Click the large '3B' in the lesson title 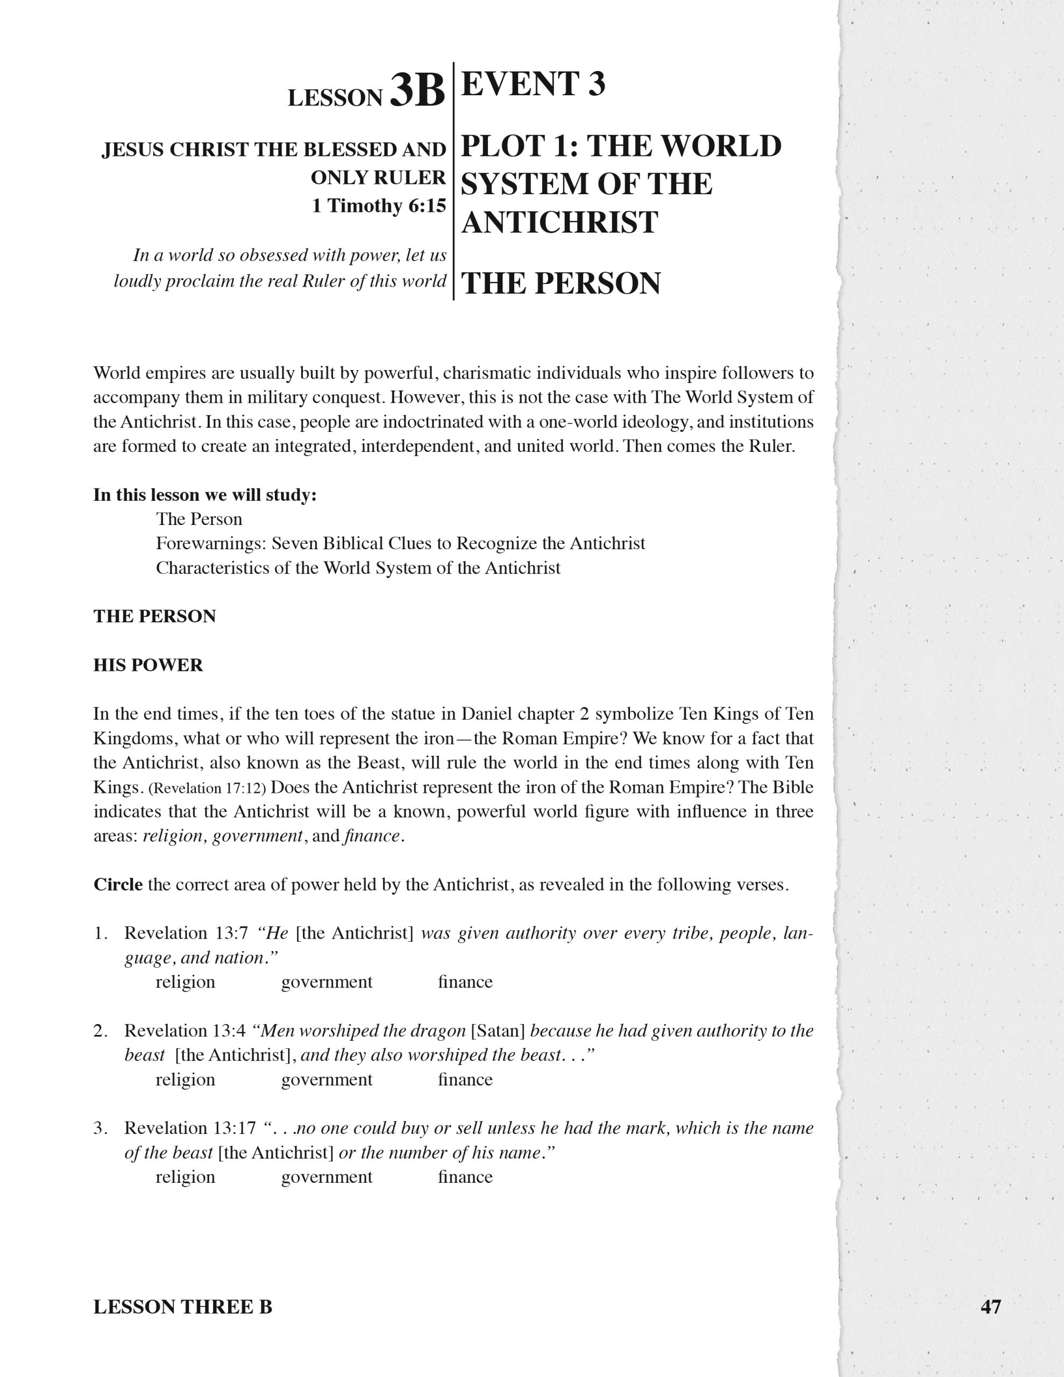tap(417, 91)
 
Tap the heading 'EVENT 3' tap(533, 84)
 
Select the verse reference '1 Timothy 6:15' tap(379, 205)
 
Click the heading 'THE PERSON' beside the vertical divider tap(561, 283)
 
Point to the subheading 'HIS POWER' tap(148, 665)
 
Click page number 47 tap(990, 1307)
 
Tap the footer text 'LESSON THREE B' tap(183, 1307)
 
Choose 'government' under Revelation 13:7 tap(327, 982)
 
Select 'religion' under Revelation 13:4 tap(186, 1080)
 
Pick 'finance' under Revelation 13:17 tap(465, 1177)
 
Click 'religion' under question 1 tap(186, 982)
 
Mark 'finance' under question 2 tap(465, 1080)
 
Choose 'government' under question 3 tap(327, 1177)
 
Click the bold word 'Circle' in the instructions tap(118, 885)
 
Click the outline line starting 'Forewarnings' tap(401, 543)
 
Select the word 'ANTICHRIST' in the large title tap(560, 223)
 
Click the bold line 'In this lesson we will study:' tap(205, 495)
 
